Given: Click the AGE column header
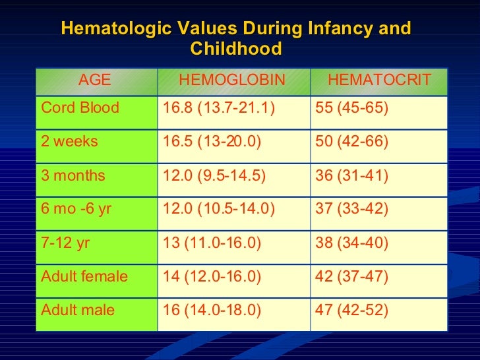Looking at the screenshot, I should click(x=94, y=80).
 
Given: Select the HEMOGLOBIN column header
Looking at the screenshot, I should click(x=232, y=80).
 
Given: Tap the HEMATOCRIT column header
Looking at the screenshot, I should click(x=379, y=80).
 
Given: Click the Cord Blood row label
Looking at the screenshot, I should click(x=80, y=107).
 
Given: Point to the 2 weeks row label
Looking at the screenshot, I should click(x=69, y=142).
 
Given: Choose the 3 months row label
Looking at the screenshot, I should click(x=73, y=175).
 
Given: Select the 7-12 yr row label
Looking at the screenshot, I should click(x=65, y=243).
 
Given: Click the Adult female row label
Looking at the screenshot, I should click(x=84, y=276).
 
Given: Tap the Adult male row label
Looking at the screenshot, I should click(x=78, y=310).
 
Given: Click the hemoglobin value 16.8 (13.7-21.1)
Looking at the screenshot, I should click(x=218, y=107).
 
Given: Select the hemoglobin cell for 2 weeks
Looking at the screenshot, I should click(x=215, y=142).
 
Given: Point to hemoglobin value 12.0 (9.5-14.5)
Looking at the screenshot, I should click(x=215, y=175).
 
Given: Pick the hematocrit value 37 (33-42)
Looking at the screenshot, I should click(x=352, y=209).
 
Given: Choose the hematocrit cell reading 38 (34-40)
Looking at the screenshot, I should click(x=352, y=243).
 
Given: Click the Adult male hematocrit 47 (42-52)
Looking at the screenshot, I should click(x=352, y=310).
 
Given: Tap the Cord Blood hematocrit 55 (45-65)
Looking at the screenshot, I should click(x=352, y=107).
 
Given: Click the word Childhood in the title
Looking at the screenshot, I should click(x=235, y=49).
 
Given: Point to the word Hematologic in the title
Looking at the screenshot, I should click(x=109, y=29).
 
